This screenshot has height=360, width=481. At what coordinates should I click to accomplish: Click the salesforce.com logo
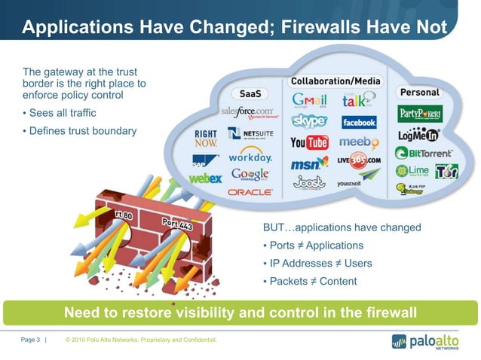coord(247,112)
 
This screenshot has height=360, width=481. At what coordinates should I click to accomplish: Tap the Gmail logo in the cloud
coord(309,101)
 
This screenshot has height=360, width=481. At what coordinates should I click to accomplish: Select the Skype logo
coord(309,121)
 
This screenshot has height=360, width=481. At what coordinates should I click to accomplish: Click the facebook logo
coord(359,122)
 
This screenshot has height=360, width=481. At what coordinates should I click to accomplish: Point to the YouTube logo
coord(309,142)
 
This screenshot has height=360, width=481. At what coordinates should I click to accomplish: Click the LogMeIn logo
coord(419,136)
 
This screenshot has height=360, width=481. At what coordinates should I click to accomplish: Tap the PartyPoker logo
coord(420,114)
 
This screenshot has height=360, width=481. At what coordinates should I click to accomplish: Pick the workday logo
coord(250,158)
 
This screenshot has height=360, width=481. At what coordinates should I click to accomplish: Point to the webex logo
coord(205,178)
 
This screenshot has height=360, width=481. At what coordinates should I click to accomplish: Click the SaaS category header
coord(250,95)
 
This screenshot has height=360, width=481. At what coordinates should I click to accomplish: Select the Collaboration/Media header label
coord(335,81)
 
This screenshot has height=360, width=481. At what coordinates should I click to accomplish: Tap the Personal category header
coord(419,92)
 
